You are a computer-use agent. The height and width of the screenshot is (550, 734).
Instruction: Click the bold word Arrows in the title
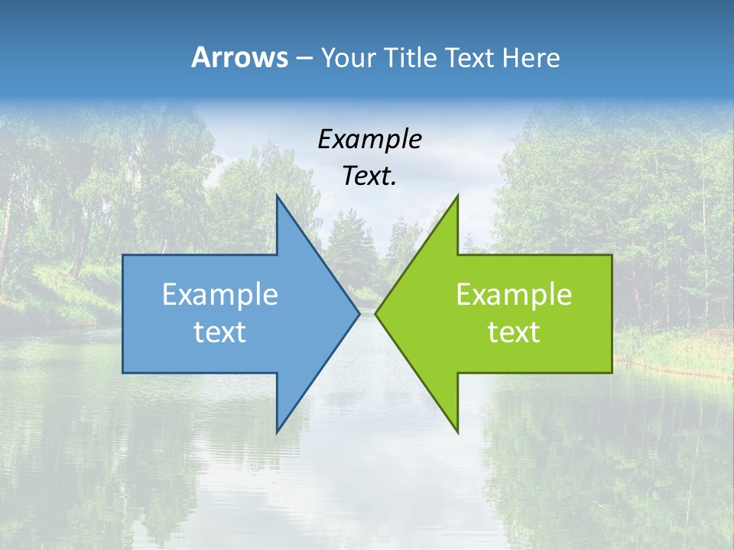pos(239,57)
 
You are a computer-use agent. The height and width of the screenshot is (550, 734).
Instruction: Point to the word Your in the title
pos(348,58)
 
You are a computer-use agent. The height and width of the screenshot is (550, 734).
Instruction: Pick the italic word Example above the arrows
pos(369,139)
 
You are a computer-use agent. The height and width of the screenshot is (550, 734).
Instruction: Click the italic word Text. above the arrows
pos(369,176)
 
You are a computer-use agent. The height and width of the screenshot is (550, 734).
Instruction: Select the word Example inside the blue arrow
pos(219,294)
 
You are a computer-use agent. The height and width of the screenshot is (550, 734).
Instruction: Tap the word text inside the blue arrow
pos(219,332)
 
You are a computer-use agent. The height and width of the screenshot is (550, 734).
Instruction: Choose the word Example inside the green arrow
pos(514,294)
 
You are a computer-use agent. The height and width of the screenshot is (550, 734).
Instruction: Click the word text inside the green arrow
pos(514,332)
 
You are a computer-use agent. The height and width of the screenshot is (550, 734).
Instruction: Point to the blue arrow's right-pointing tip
pos(359,313)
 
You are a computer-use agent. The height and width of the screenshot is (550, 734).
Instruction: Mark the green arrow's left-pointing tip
pos(375,313)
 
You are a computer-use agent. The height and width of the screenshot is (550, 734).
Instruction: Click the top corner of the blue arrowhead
pos(277,196)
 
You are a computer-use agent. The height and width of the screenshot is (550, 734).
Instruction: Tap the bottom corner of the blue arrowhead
pos(277,432)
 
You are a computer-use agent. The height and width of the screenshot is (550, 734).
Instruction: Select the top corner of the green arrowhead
pos(457,196)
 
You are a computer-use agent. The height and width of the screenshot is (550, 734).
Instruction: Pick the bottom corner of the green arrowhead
pos(457,432)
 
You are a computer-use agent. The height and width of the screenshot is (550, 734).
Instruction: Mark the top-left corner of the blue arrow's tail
pos(123,255)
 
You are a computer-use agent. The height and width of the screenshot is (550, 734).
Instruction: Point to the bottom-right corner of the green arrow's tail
pos(612,373)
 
